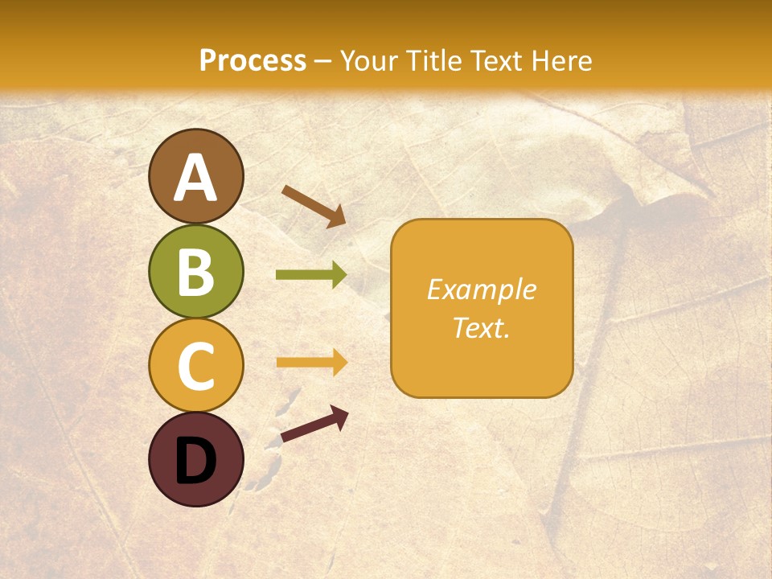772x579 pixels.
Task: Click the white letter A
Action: tap(195, 179)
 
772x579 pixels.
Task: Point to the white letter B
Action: tap(195, 273)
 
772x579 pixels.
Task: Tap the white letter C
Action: tap(195, 367)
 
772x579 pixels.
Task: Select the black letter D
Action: tap(195, 461)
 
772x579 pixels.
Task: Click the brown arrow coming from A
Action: tap(314, 206)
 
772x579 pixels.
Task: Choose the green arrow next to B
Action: tap(311, 275)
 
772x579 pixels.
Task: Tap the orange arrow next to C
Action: tap(311, 363)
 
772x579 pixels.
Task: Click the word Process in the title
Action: tap(253, 61)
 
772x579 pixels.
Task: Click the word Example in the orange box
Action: tap(481, 289)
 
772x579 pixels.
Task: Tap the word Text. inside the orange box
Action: tap(481, 327)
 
